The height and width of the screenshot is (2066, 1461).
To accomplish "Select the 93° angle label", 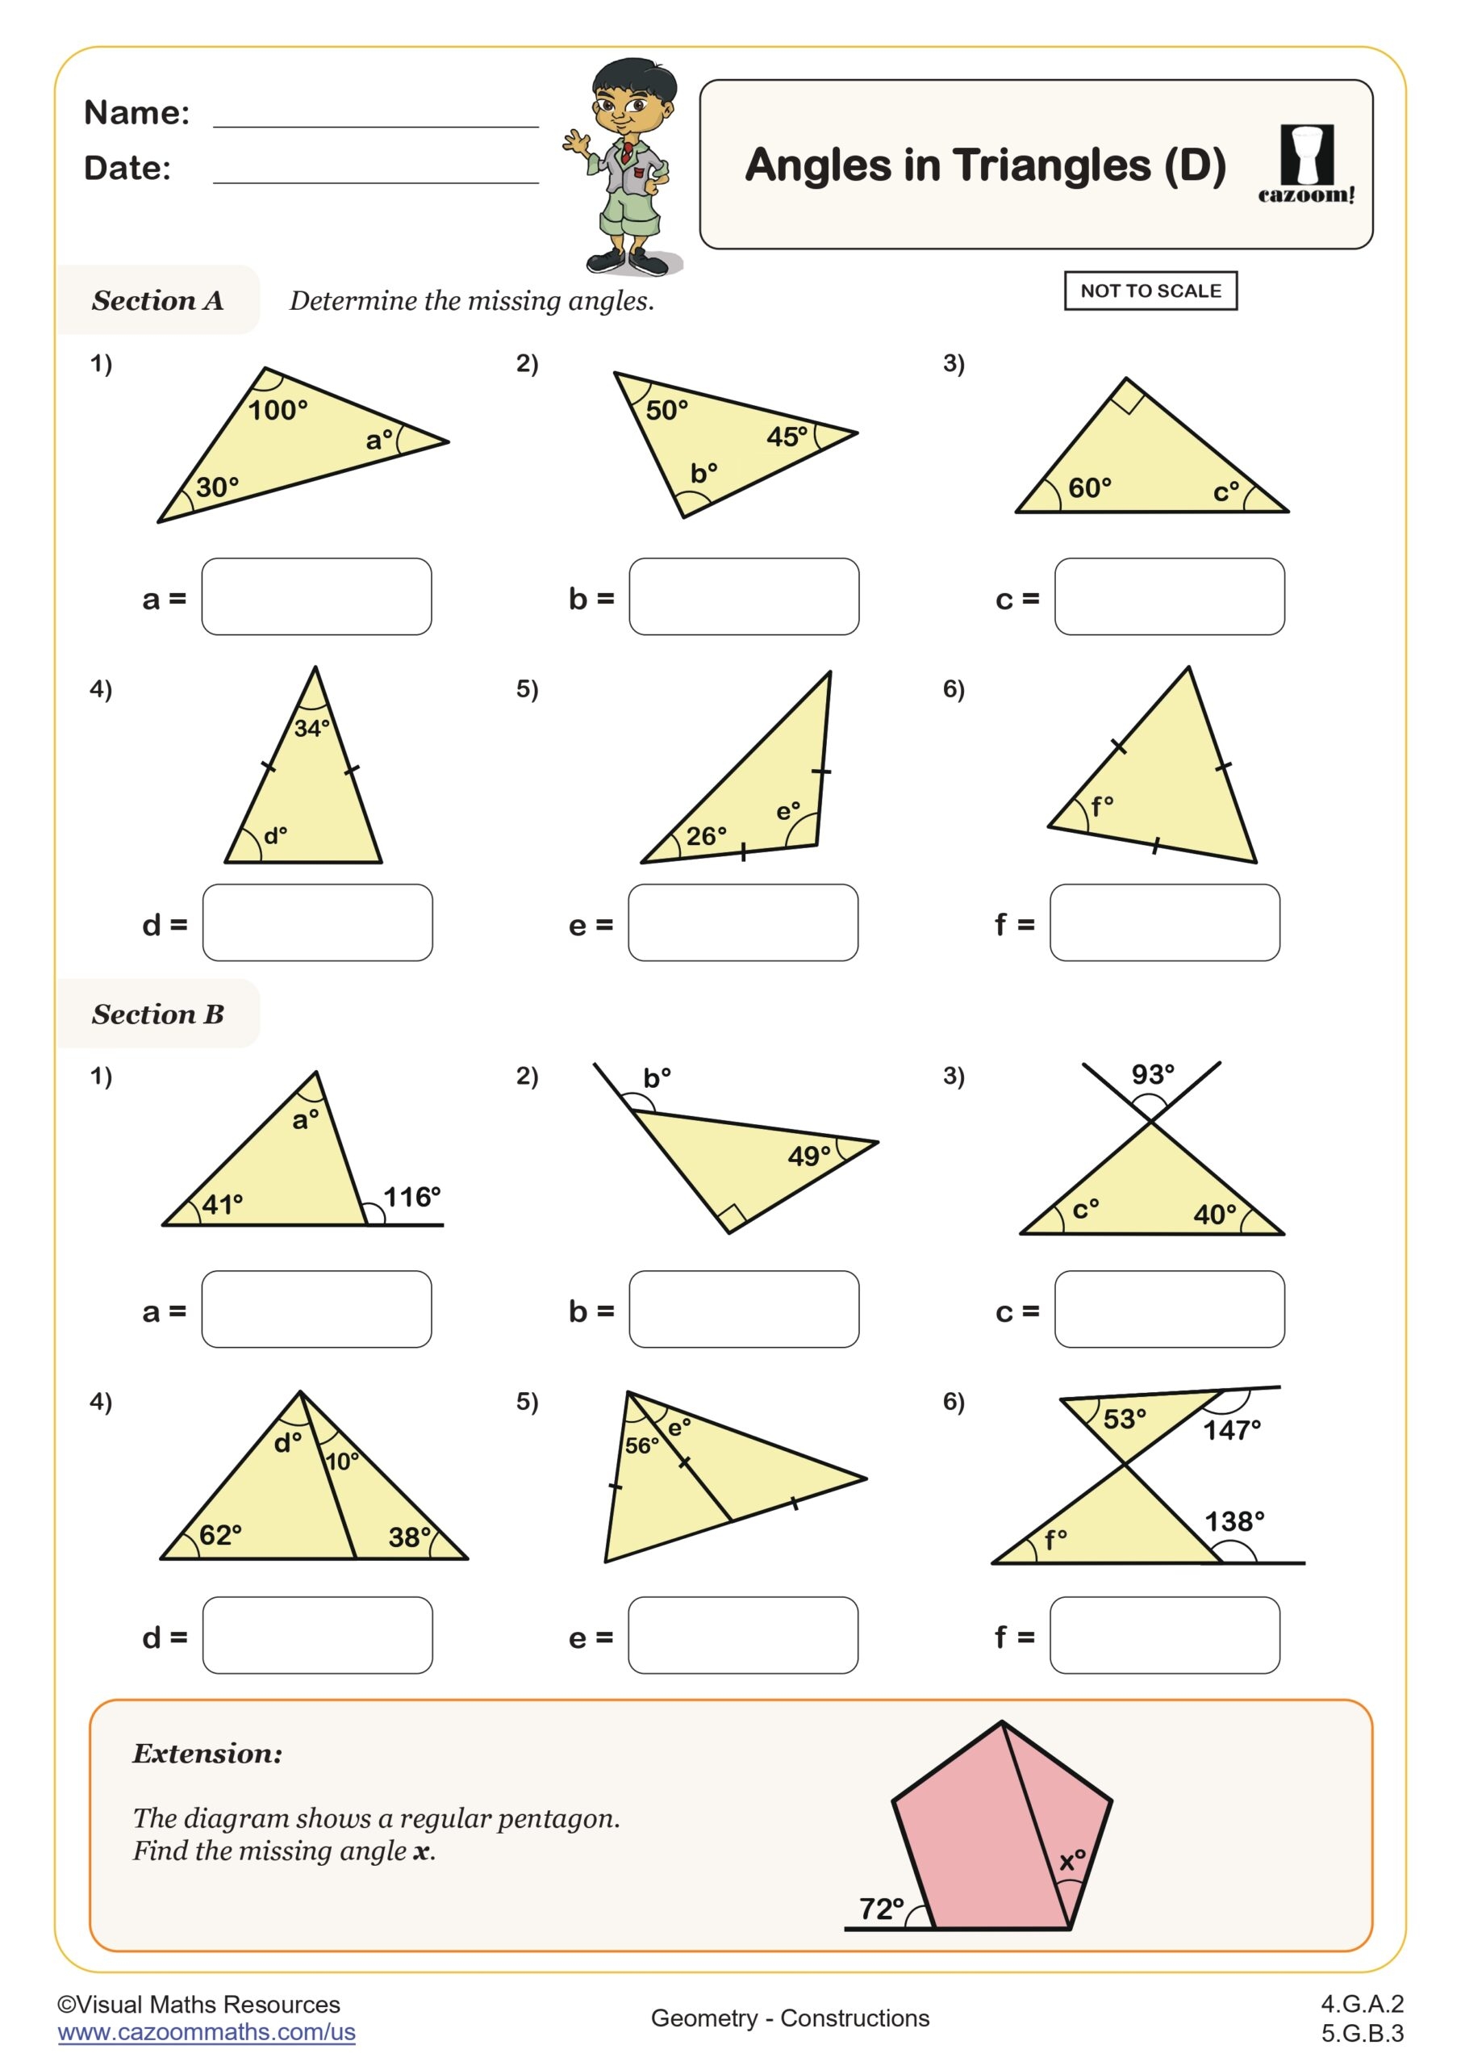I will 1153,1074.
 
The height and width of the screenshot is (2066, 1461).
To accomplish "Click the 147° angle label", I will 1232,1430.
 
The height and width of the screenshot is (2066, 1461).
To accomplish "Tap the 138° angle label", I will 1234,1521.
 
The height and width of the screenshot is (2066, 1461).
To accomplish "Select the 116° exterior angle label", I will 412,1197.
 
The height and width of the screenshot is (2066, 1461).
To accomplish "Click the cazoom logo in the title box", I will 1305,165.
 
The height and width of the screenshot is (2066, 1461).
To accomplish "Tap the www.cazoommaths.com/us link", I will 206,2032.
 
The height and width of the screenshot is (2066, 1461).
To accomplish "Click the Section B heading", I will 157,1014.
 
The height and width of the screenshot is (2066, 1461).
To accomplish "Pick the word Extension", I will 207,1753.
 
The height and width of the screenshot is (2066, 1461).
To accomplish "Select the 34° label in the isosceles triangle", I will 312,727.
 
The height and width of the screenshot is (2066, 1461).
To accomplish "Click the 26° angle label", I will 706,836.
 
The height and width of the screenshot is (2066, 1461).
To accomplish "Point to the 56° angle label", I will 641,1445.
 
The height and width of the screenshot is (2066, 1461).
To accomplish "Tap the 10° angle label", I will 342,1461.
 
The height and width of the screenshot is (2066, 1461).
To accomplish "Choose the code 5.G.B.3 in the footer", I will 1362,2033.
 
